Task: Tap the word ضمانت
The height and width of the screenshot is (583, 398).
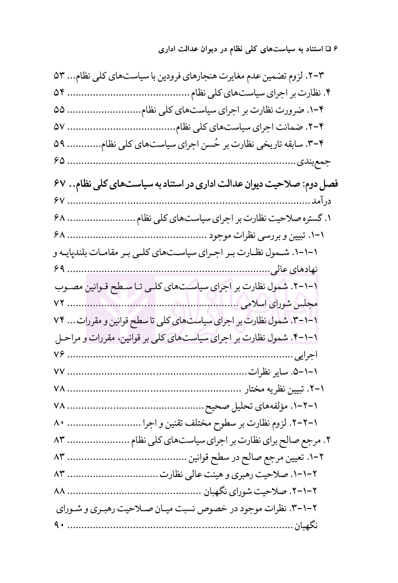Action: pos(284,127)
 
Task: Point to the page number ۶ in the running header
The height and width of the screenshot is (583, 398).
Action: pos(335,48)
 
